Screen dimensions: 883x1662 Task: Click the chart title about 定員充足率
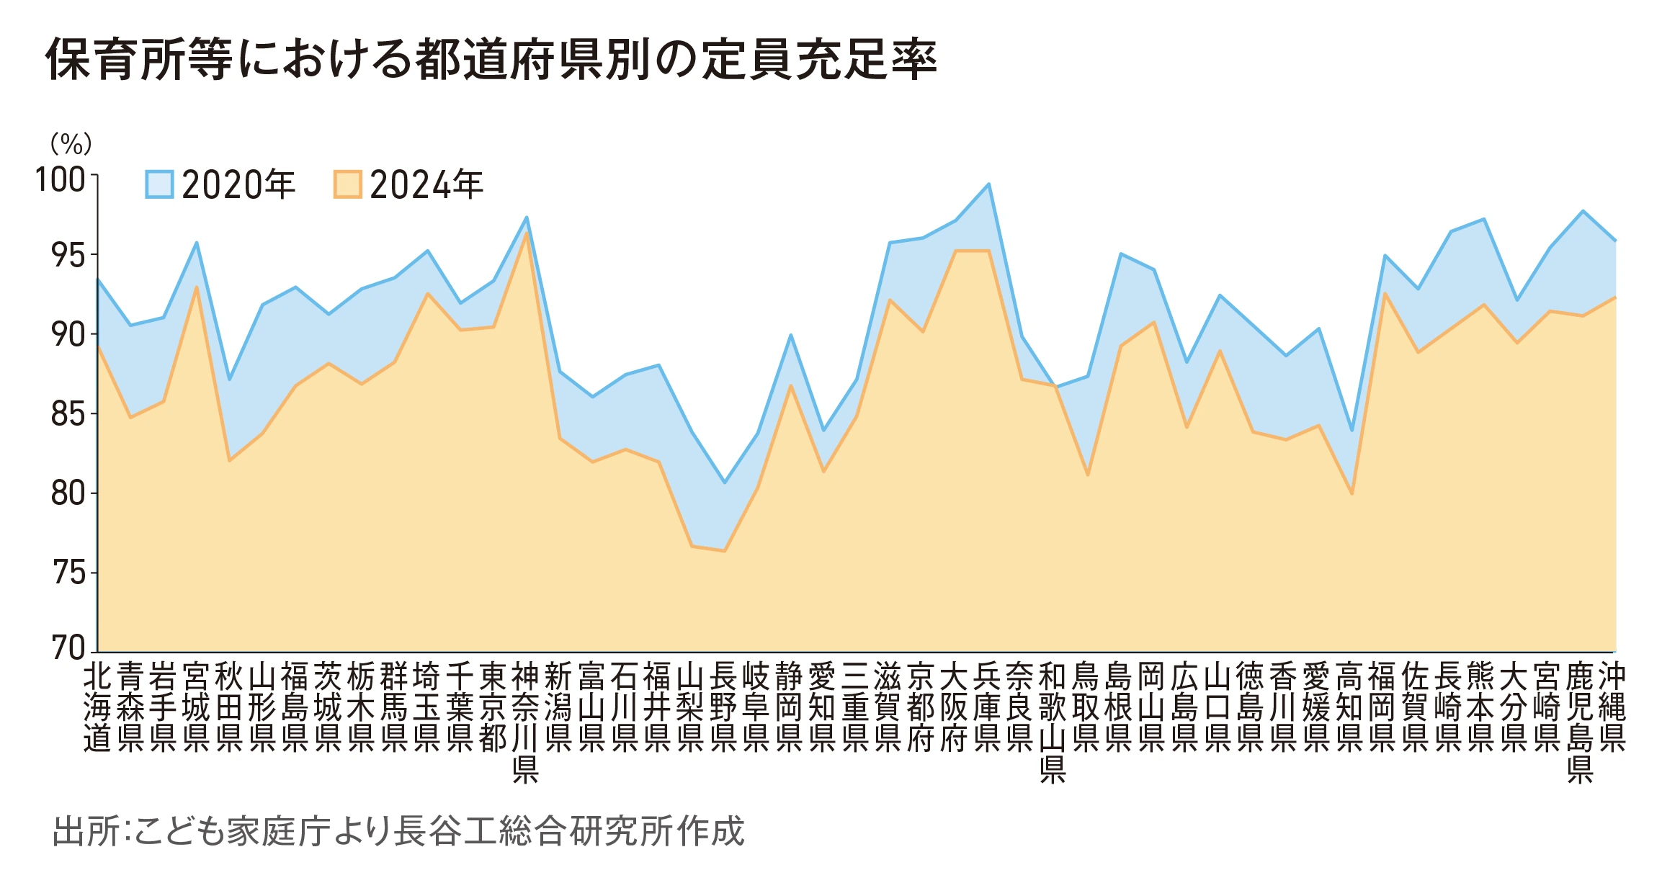(491, 59)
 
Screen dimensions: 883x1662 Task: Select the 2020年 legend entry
(220, 185)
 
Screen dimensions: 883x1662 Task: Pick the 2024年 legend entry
(408, 185)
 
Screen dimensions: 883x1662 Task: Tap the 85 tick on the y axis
(68, 415)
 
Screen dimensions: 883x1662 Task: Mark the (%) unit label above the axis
(71, 144)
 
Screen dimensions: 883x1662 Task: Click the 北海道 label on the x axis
(97, 707)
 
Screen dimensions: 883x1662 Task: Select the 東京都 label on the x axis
(493, 707)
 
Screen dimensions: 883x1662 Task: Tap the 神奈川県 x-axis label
(526, 722)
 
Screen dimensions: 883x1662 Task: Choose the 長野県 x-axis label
(723, 707)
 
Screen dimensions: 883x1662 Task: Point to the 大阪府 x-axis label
(954, 707)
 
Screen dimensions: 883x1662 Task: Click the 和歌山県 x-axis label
(1053, 722)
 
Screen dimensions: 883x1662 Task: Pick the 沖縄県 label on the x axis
(1612, 707)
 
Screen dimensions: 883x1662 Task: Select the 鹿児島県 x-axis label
(1580, 722)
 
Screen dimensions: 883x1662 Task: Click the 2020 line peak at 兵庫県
(989, 184)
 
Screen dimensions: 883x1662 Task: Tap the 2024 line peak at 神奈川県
(527, 233)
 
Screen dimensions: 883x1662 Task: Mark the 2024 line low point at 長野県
(724, 551)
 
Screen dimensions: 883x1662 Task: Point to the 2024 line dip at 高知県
(1352, 493)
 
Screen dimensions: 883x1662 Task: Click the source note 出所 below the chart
(398, 831)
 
